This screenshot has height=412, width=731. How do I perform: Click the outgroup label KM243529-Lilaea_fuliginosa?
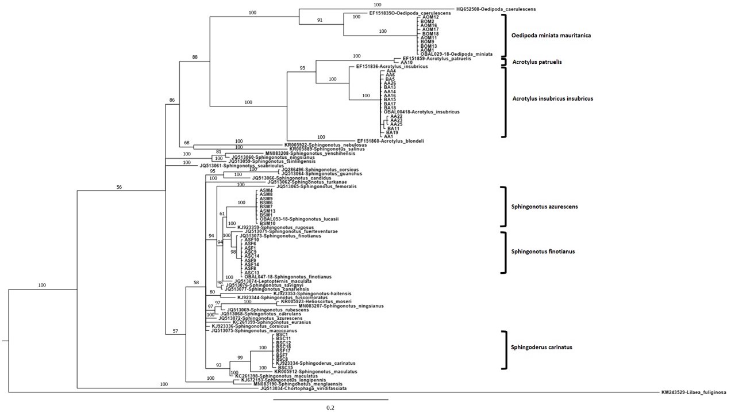pyautogui.click(x=694, y=392)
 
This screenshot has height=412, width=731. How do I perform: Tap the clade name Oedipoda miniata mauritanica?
pyautogui.click(x=551, y=36)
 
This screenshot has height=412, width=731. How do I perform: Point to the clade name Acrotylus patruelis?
pyautogui.click(x=537, y=62)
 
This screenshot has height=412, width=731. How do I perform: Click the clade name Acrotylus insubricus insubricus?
pyautogui.click(x=552, y=98)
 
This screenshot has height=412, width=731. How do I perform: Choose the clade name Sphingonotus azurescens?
pyautogui.click(x=544, y=206)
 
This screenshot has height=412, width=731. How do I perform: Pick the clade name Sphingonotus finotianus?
pyautogui.click(x=543, y=251)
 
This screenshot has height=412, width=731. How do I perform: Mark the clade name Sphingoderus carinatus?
pyautogui.click(x=541, y=347)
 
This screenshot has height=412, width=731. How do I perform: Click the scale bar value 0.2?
pyautogui.click(x=330, y=407)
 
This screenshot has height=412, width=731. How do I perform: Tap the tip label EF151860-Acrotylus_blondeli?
pyautogui.click(x=390, y=140)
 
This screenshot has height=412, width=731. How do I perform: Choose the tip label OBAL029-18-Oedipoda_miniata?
pyautogui.click(x=456, y=54)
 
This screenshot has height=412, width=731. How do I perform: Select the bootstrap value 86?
pyautogui.click(x=171, y=101)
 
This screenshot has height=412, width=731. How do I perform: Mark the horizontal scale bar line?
pyautogui.click(x=330, y=399)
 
